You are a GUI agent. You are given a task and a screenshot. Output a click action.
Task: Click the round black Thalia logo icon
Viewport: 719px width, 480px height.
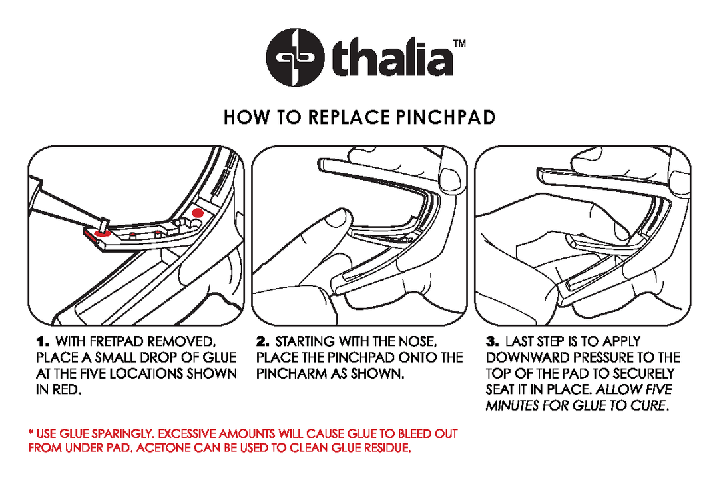(x=295, y=56)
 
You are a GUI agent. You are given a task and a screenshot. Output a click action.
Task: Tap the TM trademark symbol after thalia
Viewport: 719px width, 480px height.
(x=459, y=45)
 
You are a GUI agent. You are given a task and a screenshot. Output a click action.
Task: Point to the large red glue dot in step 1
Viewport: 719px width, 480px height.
(x=197, y=212)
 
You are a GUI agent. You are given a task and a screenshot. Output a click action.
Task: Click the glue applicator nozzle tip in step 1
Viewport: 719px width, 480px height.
(x=105, y=223)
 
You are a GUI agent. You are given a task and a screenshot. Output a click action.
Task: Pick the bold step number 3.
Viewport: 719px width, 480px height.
(x=493, y=341)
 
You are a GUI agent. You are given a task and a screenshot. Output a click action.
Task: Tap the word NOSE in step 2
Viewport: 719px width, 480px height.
(x=417, y=341)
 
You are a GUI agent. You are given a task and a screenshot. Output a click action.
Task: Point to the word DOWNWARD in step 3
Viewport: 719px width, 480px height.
(x=525, y=357)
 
